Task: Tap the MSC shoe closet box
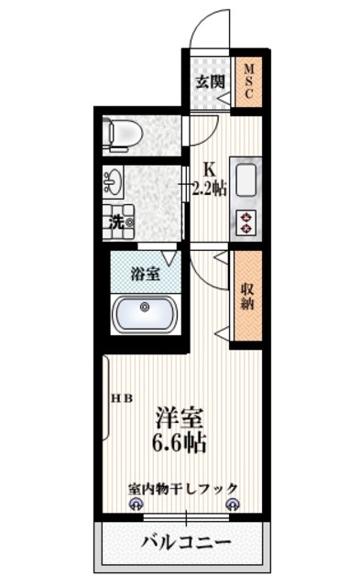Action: pyautogui.click(x=247, y=81)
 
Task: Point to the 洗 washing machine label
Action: pyautogui.click(x=117, y=221)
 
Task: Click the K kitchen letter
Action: pyautogui.click(x=209, y=169)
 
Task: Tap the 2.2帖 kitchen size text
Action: pyautogui.click(x=210, y=190)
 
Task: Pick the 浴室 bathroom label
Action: pyautogui.click(x=144, y=272)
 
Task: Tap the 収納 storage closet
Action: pyautogui.click(x=246, y=297)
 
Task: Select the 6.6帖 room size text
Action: pyautogui.click(x=180, y=445)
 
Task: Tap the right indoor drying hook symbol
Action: pyautogui.click(x=232, y=505)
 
